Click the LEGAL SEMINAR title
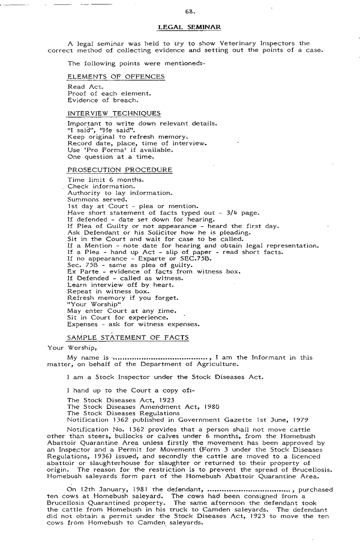pyautogui.click(x=190, y=27)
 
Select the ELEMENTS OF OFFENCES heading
pyautogui.click(x=116, y=76)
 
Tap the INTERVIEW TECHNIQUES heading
pyautogui.click(x=114, y=114)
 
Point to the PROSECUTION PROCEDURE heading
pyautogui.click(x=120, y=170)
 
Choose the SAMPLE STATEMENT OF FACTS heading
pyautogui.click(x=128, y=338)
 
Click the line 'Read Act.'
pyautogui.click(x=82, y=87)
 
